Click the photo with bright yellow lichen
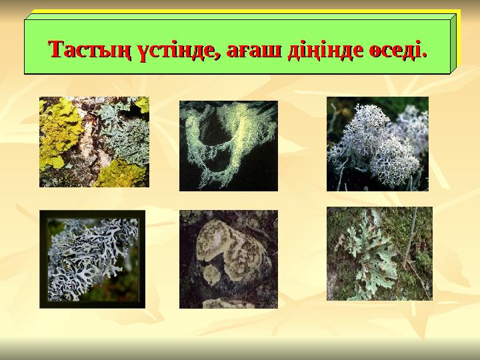[94, 142]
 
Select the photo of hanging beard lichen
[228, 145]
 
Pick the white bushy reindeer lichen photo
[377, 143]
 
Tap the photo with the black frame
[92, 259]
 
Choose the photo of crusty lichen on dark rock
[228, 259]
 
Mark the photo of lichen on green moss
[379, 253]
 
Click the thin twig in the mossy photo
[408, 240]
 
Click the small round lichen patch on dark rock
[211, 275]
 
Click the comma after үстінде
[218, 56]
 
